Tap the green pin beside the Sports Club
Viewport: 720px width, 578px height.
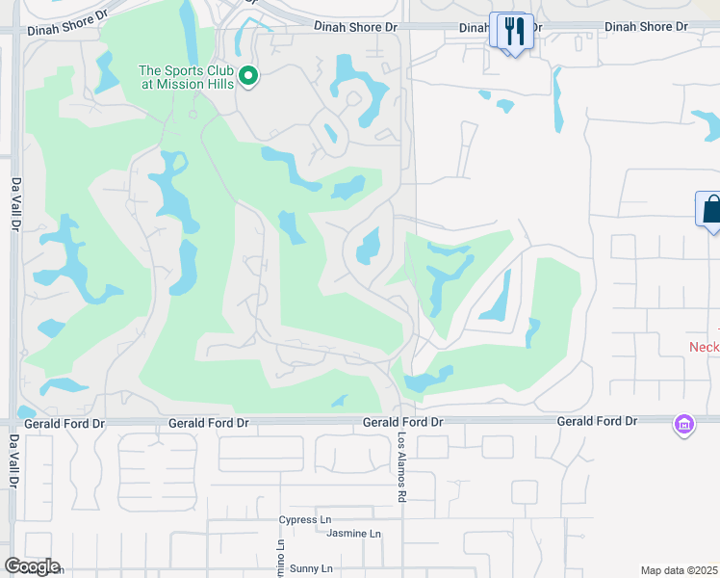pyautogui.click(x=249, y=75)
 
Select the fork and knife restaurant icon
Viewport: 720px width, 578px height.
pyautogui.click(x=512, y=31)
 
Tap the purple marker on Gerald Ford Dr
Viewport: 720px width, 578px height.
pyautogui.click(x=684, y=424)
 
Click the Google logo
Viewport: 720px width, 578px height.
pyautogui.click(x=32, y=566)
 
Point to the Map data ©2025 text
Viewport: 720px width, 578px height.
pyautogui.click(x=679, y=570)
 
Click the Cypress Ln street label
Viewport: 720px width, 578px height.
pyautogui.click(x=304, y=520)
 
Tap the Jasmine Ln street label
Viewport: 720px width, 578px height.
pyautogui.click(x=354, y=534)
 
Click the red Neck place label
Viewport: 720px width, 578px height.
pyautogui.click(x=704, y=347)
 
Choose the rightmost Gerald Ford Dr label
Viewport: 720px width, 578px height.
pyautogui.click(x=597, y=422)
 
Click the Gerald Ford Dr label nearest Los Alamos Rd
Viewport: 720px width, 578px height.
pyautogui.click(x=402, y=423)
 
